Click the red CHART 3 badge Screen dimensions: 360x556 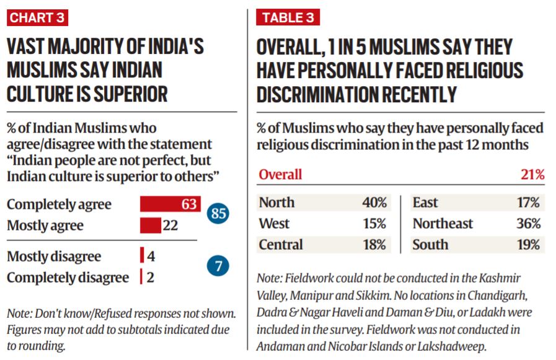pos(37,17)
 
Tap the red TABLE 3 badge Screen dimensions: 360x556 pos(288,17)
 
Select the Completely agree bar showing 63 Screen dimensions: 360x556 pos(170,204)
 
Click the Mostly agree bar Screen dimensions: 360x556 pos(150,225)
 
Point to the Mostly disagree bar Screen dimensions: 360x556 pos(142,256)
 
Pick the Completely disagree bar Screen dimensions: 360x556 pos(141,276)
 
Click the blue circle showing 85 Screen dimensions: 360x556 pos(218,214)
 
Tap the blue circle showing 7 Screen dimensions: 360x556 pos(218,266)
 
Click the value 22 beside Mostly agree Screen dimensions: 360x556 pos(170,225)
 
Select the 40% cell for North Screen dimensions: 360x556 pos(374,203)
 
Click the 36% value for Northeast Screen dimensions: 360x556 pos(528,224)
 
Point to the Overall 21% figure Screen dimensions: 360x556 pos(532,175)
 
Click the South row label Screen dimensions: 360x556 pos(430,245)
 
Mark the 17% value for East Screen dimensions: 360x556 pos(528,203)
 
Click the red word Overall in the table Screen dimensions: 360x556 pos(280,175)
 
